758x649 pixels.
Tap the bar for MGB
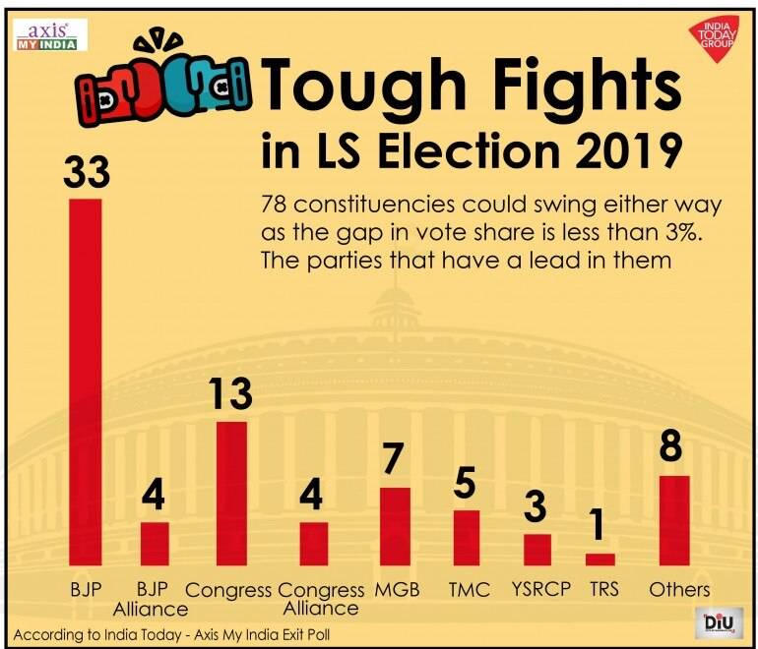click(395, 526)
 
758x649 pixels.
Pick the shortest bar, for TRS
click(600, 560)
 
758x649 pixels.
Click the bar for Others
click(674, 520)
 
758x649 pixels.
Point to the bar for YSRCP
click(537, 550)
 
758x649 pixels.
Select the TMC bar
click(467, 538)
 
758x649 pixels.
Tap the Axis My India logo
click(50, 33)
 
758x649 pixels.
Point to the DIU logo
click(719, 622)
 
